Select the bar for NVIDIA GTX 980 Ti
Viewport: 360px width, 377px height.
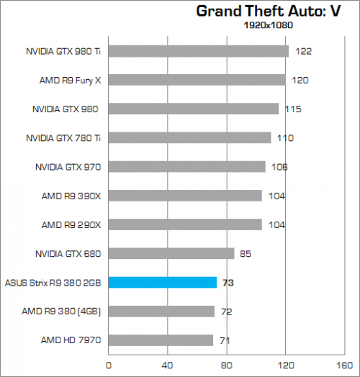tap(198, 51)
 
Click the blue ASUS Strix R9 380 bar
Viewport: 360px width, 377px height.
tap(162, 282)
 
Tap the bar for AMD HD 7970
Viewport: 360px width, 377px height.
tap(161, 340)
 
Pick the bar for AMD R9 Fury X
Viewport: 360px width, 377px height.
tap(197, 80)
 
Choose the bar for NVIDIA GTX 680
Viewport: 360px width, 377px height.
tap(171, 253)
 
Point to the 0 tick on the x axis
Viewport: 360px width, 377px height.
tap(108, 365)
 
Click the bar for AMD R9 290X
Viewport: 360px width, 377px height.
tap(184, 224)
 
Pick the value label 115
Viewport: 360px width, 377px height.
tap(292, 109)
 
